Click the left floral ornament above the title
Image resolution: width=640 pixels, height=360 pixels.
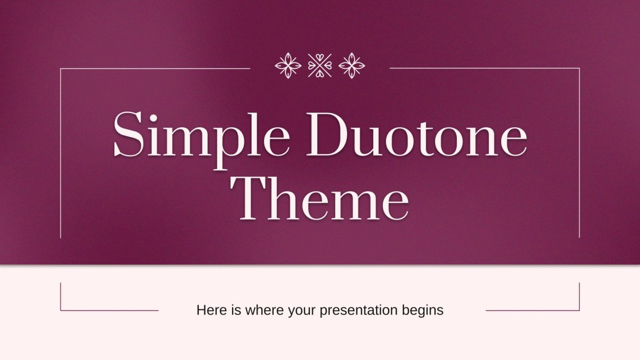[288, 65]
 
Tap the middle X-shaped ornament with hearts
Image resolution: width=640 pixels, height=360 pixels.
[320, 65]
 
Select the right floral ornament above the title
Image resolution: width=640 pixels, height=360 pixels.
[352, 65]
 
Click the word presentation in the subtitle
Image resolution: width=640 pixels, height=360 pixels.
[358, 311]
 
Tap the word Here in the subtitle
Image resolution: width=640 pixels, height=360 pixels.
[209, 310]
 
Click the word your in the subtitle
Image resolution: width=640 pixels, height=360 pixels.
[302, 311]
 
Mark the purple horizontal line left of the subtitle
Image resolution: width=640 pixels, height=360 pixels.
[110, 311]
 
